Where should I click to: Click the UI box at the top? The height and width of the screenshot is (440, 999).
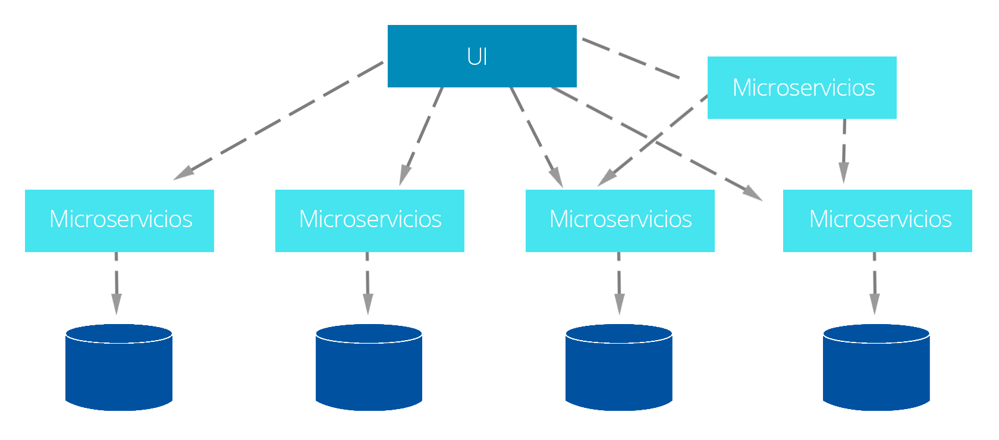tap(482, 56)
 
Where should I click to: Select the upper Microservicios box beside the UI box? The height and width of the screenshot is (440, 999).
tap(802, 87)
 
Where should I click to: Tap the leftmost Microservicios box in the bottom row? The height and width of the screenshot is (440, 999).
tap(120, 221)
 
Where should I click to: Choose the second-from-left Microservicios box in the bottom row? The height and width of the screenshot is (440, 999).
tap(370, 221)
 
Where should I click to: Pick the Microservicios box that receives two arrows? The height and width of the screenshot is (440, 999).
tap(620, 221)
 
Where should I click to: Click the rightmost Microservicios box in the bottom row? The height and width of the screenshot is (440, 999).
tap(878, 221)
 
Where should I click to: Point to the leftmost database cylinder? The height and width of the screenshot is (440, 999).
tap(119, 367)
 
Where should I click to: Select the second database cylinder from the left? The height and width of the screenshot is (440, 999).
tap(369, 367)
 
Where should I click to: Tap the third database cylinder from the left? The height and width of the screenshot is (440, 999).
tap(619, 367)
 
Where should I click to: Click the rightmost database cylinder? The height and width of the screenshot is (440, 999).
tap(877, 367)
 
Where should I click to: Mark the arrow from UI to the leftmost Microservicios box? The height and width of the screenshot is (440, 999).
tap(278, 121)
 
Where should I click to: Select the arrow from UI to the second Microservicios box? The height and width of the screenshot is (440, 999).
tap(420, 136)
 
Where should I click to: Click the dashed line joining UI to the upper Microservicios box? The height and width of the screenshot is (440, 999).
tap(631, 58)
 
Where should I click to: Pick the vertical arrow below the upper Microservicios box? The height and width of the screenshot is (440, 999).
tap(844, 151)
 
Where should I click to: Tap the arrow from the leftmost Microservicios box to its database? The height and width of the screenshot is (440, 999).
tap(117, 284)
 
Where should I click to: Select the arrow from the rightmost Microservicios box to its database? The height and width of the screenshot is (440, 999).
tap(875, 284)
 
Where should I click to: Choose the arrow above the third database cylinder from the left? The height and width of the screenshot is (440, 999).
tap(619, 284)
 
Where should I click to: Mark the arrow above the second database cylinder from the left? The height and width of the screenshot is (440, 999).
tap(367, 284)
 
